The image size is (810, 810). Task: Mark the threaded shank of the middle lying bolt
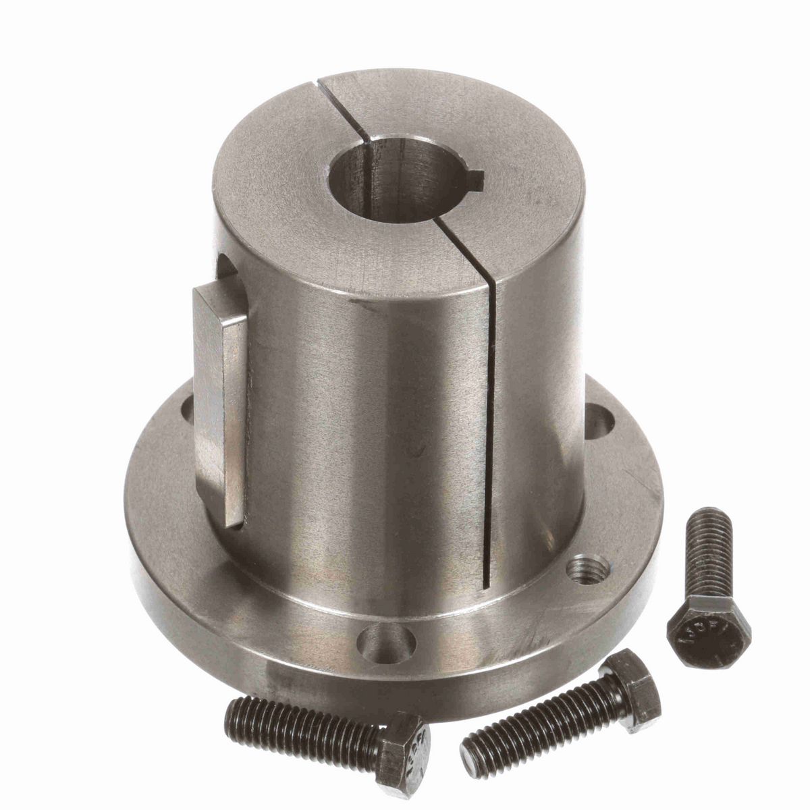click(533, 732)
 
